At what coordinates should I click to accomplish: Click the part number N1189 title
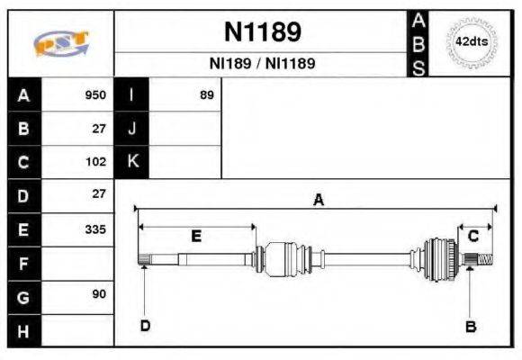click(x=262, y=32)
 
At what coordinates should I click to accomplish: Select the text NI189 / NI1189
click(x=262, y=65)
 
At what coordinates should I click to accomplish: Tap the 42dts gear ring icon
click(x=472, y=42)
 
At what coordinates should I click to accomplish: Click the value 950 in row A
click(x=95, y=95)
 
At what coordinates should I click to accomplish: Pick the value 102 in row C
click(x=95, y=163)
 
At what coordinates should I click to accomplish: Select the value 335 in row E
click(x=95, y=229)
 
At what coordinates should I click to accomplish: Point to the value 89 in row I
click(x=206, y=95)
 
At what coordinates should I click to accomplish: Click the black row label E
click(x=23, y=230)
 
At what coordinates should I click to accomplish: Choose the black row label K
click(x=131, y=162)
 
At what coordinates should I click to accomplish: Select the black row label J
click(x=131, y=129)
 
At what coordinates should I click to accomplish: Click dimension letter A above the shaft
click(x=318, y=201)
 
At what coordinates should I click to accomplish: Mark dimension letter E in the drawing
click(x=196, y=236)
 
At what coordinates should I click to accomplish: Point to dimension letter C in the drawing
click(x=472, y=236)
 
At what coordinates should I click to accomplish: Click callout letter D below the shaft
click(x=145, y=325)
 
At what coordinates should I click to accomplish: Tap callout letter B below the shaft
click(x=470, y=325)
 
